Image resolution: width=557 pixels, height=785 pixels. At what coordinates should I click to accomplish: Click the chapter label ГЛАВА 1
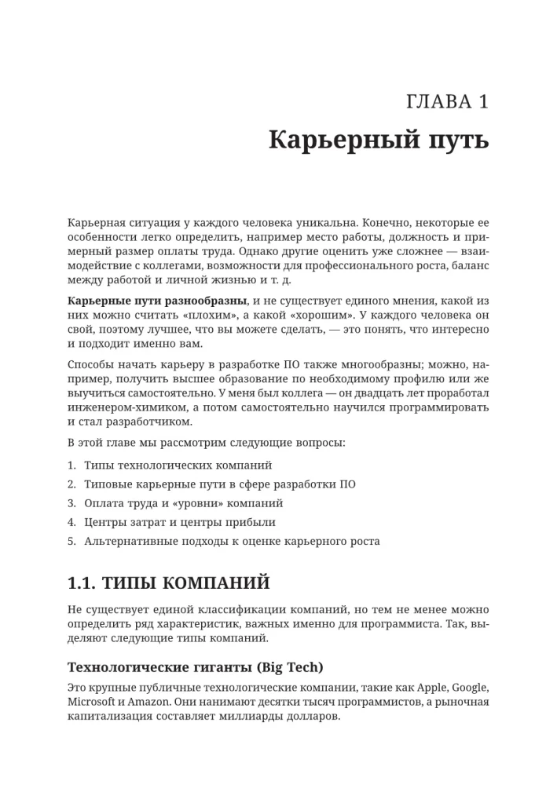click(448, 101)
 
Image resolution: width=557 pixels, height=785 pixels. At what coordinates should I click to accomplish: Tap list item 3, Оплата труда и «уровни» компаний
click(183, 503)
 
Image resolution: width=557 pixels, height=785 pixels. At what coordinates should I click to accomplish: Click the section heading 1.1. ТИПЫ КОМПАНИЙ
click(169, 583)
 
